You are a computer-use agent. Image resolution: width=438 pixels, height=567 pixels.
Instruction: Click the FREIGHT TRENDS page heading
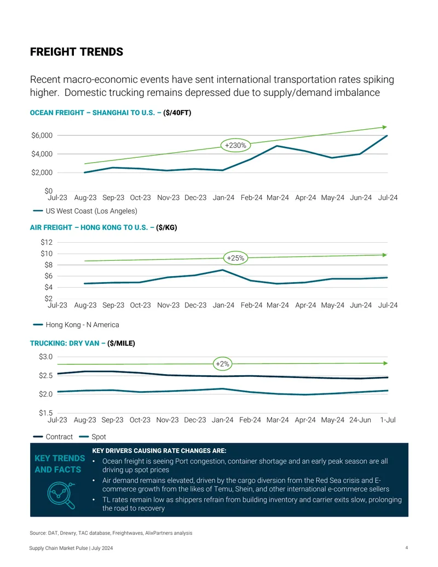point(77,52)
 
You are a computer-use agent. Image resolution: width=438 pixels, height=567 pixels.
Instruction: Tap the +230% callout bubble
point(235,145)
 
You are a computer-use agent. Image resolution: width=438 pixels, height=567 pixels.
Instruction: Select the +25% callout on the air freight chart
point(235,258)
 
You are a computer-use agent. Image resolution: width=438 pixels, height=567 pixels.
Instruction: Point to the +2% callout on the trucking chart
point(223,364)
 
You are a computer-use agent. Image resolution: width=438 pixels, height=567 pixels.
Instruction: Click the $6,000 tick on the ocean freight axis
point(42,136)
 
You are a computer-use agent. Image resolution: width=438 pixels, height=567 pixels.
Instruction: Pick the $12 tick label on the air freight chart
point(47,242)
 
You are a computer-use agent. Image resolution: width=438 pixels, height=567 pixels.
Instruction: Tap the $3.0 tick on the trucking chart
point(46,357)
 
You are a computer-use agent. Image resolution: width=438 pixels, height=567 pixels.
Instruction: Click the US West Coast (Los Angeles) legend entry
point(85,211)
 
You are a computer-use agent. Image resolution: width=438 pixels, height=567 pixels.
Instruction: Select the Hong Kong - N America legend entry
point(76,325)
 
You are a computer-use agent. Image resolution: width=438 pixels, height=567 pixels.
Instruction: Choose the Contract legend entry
point(53,437)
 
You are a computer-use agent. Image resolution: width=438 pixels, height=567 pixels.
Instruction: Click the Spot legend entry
point(93,437)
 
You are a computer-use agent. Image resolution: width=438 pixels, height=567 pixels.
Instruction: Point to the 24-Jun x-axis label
point(360,420)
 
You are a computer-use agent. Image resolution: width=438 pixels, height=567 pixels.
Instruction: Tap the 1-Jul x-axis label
point(388,420)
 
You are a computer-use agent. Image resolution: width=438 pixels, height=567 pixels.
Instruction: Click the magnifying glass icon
point(61,495)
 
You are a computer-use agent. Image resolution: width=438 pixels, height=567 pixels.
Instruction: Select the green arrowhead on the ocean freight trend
point(385,127)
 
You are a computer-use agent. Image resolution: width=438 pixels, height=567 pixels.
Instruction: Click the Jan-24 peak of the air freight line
point(223,270)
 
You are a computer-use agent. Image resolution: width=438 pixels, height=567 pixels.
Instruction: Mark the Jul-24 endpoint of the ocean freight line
point(387,136)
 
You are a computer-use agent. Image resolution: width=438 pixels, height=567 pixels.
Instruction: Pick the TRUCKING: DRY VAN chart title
point(82,343)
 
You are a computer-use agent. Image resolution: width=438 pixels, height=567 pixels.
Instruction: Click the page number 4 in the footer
point(407,548)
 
